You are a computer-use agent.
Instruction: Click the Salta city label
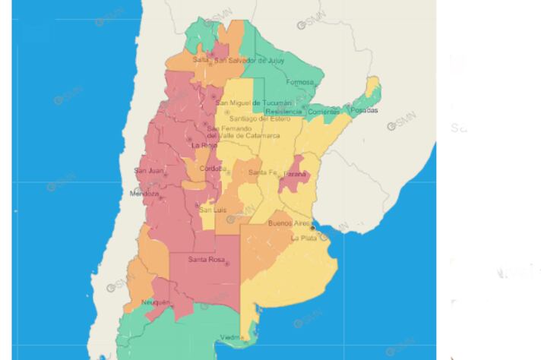[x=201, y=60]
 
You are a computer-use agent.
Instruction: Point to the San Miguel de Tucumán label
[x=253, y=103]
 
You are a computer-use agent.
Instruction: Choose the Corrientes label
[x=324, y=112]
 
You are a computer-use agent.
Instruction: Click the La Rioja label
[x=204, y=145]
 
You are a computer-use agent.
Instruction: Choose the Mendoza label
[x=144, y=194]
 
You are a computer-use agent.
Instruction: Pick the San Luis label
[x=212, y=209]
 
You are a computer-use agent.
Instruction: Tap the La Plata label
[x=305, y=238]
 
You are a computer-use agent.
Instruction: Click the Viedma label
[x=232, y=337]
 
